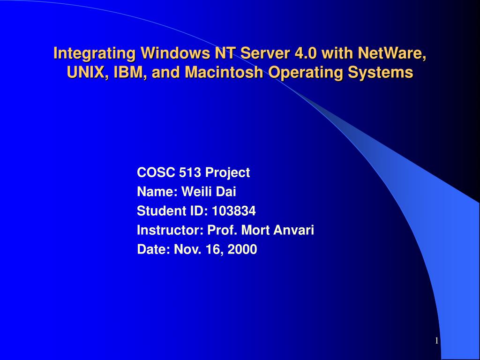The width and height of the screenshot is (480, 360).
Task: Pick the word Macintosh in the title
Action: pyautogui.click(x=219, y=73)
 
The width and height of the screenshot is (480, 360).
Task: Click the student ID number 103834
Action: pyautogui.click(x=234, y=211)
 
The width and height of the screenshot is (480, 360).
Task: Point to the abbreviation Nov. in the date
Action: pyautogui.click(x=185, y=249)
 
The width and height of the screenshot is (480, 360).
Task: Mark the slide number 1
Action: pyautogui.click(x=437, y=341)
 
